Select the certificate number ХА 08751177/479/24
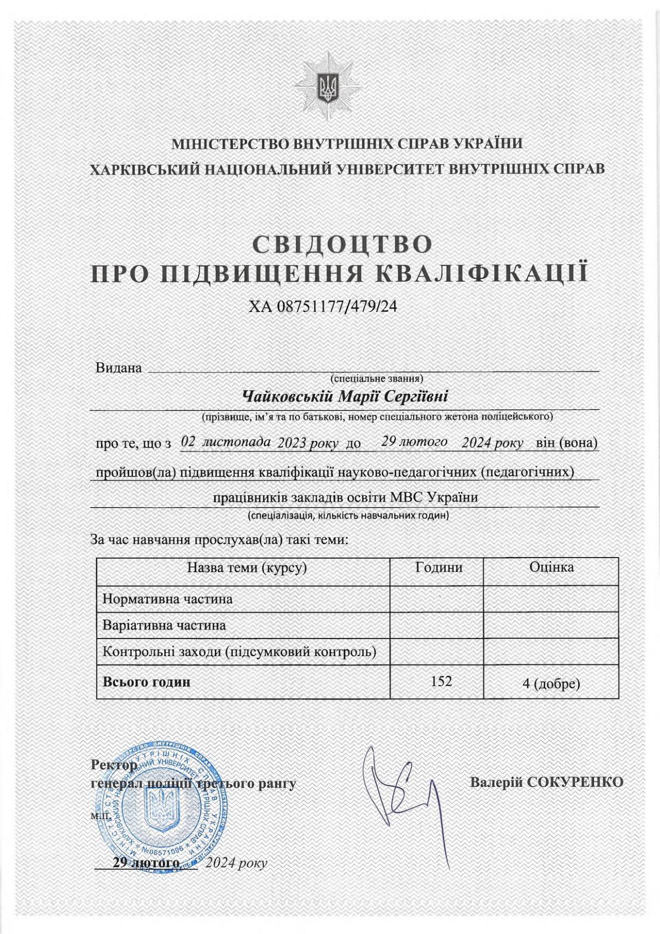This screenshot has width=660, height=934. click(x=323, y=307)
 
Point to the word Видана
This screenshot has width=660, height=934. click(x=119, y=368)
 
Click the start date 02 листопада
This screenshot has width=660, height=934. click(x=226, y=442)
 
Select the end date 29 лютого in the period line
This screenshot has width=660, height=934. click(x=414, y=442)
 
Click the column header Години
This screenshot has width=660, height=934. click(x=438, y=567)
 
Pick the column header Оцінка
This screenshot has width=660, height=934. click(x=551, y=567)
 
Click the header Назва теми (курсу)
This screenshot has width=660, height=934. click(x=246, y=567)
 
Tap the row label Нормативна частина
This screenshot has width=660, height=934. click(x=168, y=598)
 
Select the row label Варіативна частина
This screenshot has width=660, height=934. click(x=164, y=625)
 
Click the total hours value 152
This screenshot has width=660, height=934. click(x=441, y=681)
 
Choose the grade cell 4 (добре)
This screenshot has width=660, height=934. click(x=551, y=684)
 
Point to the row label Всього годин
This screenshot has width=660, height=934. click(x=147, y=681)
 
